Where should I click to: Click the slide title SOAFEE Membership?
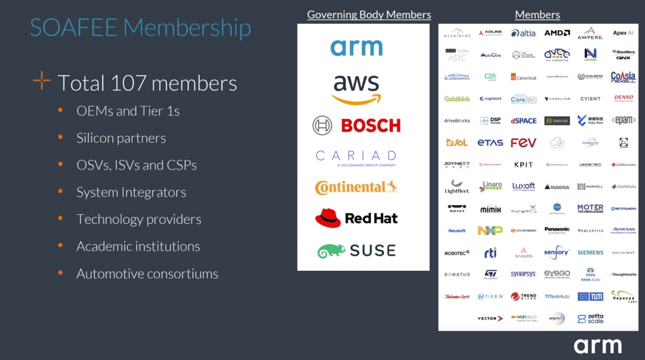pyautogui.click(x=141, y=28)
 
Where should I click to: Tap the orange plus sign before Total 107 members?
pyautogui.click(x=41, y=81)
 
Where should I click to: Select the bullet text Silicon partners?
pyautogui.click(x=121, y=138)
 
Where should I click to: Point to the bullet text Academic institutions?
pyautogui.click(x=138, y=246)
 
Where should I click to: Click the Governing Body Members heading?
pyautogui.click(x=369, y=14)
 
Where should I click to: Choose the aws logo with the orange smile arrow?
pyautogui.click(x=357, y=89)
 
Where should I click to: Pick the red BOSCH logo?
pyautogui.click(x=357, y=125)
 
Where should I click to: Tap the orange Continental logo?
pyautogui.click(x=356, y=187)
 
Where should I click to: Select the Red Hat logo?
pyautogui.click(x=356, y=219)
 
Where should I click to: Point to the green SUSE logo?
pyautogui.click(x=356, y=250)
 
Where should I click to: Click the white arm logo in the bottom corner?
pyautogui.click(x=598, y=345)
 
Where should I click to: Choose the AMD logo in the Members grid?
pyautogui.click(x=557, y=33)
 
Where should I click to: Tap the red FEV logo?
pyautogui.click(x=523, y=143)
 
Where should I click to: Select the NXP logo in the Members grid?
pyautogui.click(x=490, y=230)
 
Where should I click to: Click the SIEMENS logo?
pyautogui.click(x=590, y=253)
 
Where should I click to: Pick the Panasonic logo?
pyautogui.click(x=557, y=230)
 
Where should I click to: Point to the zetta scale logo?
pyautogui.click(x=590, y=319)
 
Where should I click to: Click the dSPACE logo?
pyautogui.click(x=523, y=121)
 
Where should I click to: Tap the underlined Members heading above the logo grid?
pyautogui.click(x=537, y=14)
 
